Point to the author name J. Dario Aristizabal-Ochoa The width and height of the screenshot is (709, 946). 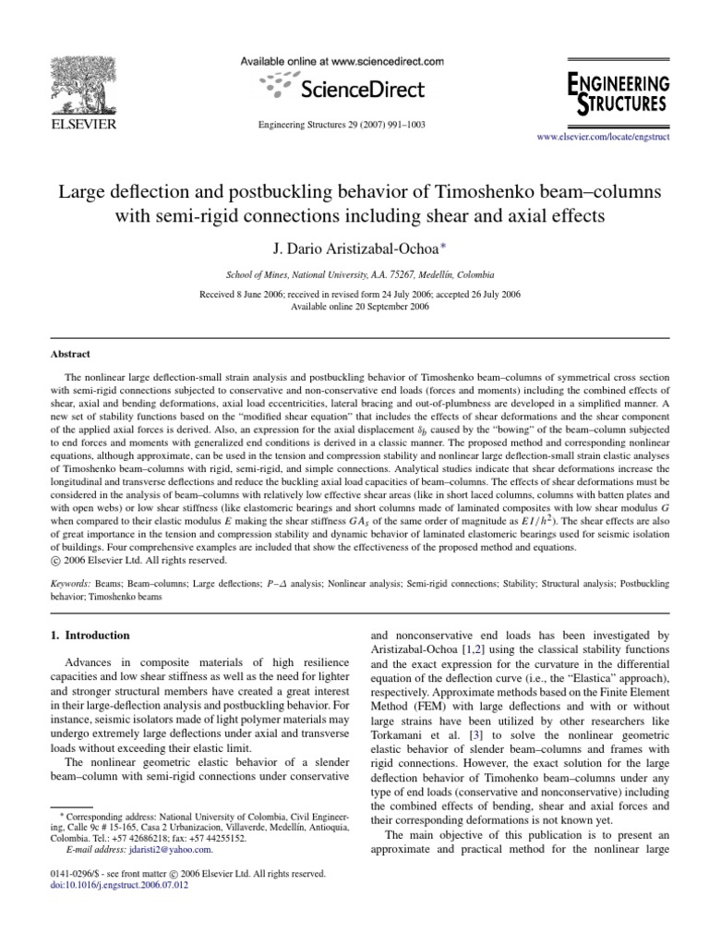click(x=354, y=249)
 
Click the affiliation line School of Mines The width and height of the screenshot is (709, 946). click(x=360, y=275)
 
